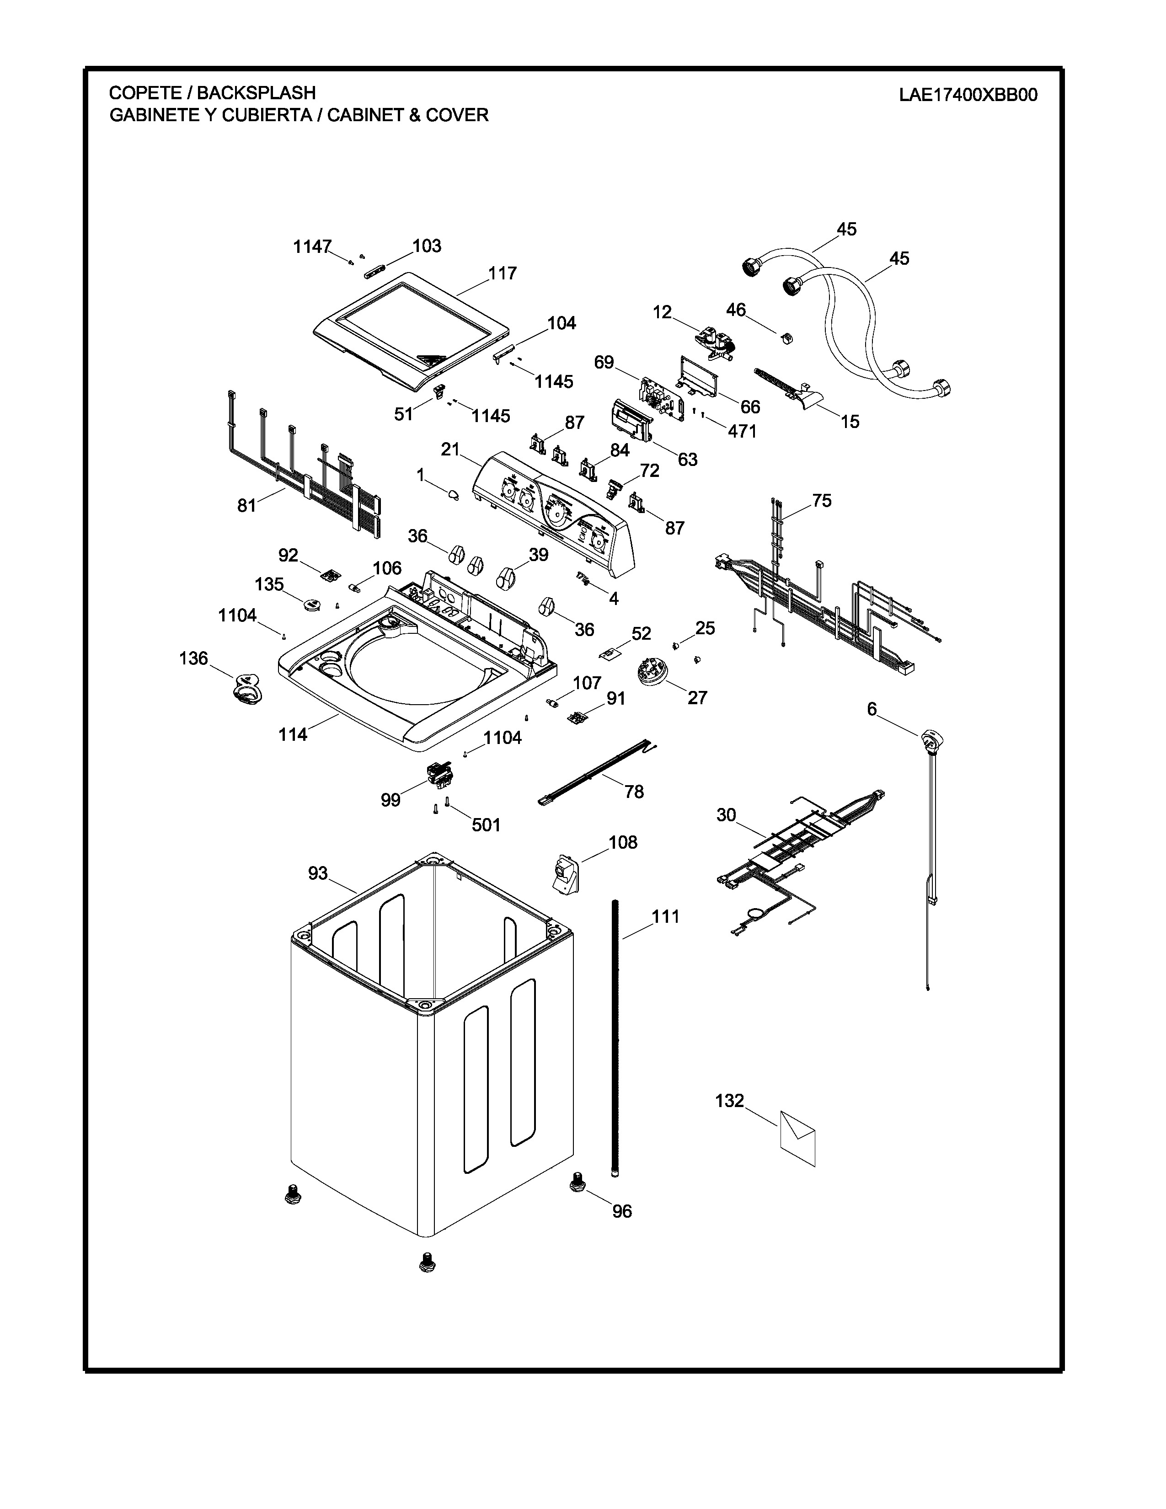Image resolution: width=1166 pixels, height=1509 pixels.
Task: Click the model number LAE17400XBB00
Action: [x=968, y=96]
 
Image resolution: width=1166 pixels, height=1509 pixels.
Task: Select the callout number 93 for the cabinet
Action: [x=318, y=874]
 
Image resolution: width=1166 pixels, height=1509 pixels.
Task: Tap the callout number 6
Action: [x=872, y=709]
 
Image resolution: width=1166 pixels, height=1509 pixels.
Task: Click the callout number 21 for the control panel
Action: [x=450, y=450]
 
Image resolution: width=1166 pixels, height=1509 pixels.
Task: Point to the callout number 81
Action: [x=246, y=506]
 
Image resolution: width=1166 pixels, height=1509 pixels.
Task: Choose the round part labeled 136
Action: [x=246, y=689]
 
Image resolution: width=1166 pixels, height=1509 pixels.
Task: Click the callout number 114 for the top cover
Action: [x=293, y=734]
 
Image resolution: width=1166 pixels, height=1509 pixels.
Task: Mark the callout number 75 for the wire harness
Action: [x=822, y=500]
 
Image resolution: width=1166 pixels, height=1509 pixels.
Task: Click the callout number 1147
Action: [x=312, y=246]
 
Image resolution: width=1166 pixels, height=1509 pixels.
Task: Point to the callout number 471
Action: [x=742, y=431]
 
